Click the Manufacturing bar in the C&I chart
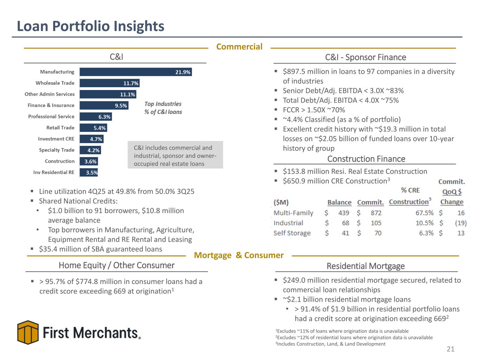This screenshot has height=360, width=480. (x=135, y=72)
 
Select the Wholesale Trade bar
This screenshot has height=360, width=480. (x=109, y=83)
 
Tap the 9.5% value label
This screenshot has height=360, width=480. (x=121, y=105)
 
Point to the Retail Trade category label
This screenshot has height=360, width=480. (x=60, y=128)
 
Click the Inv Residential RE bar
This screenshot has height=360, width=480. (x=89, y=173)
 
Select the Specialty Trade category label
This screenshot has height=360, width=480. (x=57, y=150)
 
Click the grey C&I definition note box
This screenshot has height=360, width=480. (x=175, y=155)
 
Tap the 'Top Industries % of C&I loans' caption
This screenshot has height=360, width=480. (x=163, y=108)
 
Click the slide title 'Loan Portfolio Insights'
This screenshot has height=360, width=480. (x=91, y=26)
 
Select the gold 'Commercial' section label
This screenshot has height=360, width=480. (x=239, y=47)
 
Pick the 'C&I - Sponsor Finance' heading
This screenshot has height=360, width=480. (x=365, y=57)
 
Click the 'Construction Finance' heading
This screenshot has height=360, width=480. (x=366, y=159)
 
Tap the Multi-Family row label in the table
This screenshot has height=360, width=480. (x=293, y=213)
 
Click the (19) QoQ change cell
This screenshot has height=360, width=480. (x=460, y=223)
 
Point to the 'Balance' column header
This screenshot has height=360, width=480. (x=339, y=202)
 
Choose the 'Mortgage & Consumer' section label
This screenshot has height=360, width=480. (x=239, y=255)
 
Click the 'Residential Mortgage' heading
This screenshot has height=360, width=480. (x=365, y=266)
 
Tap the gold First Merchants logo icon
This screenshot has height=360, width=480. (x=28, y=332)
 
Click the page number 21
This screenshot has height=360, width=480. (x=450, y=349)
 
